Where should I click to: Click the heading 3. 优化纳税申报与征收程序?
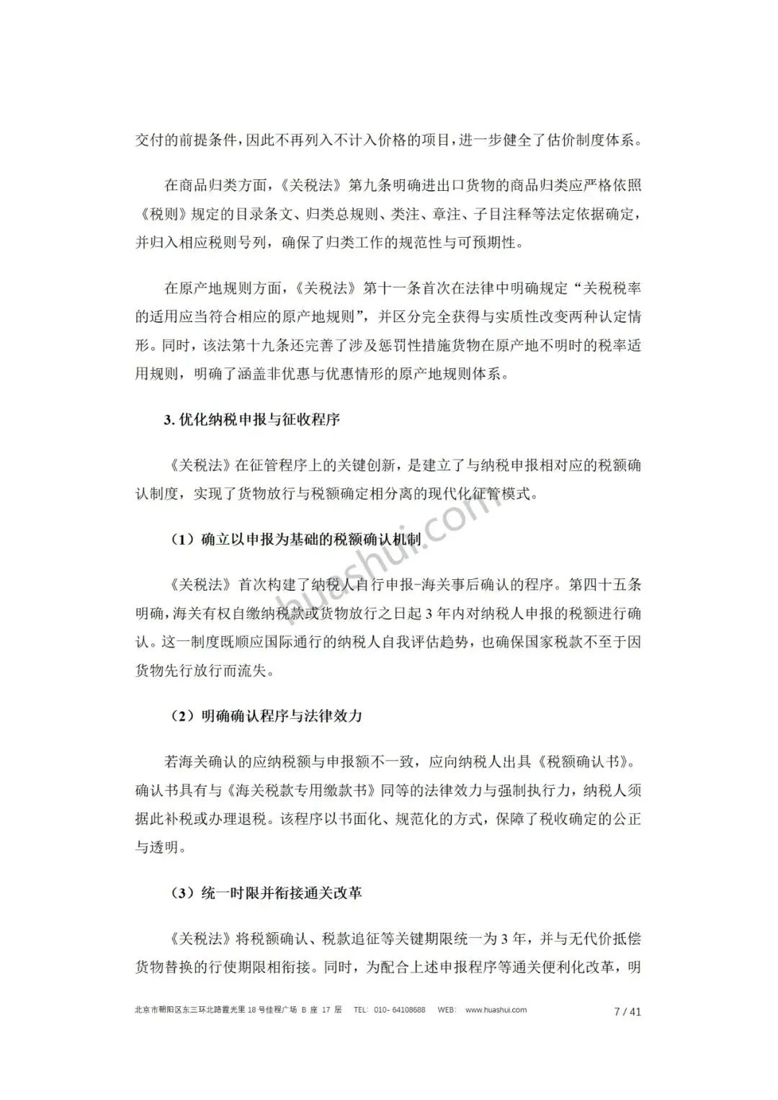[251, 420]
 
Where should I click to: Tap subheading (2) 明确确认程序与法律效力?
[267, 716]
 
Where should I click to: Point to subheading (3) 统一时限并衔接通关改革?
[267, 893]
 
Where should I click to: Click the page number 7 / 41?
[627, 1011]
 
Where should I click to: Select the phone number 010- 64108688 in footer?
[400, 1010]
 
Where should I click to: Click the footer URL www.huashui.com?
[496, 1010]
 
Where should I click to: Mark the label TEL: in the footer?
[362, 1010]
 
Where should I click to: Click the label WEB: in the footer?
[447, 1010]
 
